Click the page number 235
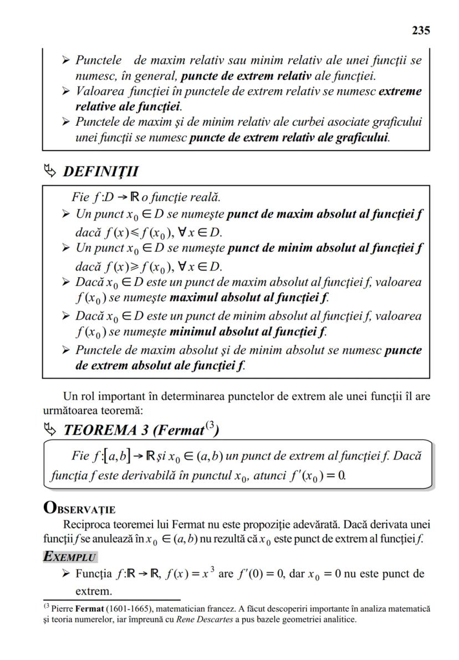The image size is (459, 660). point(421,30)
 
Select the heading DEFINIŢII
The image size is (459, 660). point(101,171)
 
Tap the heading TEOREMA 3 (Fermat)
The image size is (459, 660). point(141,429)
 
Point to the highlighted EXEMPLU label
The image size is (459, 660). point(69,556)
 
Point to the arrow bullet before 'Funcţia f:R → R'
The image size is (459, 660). point(67,574)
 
